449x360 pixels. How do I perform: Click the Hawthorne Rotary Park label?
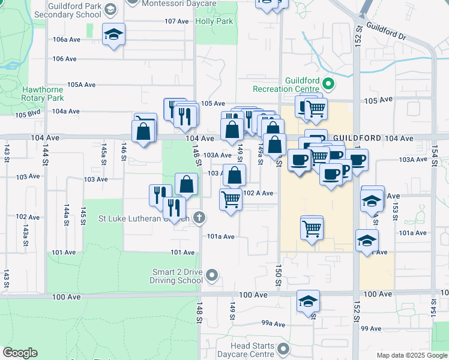click(43, 94)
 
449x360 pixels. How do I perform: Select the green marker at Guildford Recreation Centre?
click(328, 83)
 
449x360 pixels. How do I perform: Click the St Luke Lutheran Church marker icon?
click(200, 218)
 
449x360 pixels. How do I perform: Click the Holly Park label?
click(214, 21)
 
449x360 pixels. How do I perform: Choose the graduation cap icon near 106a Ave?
click(113, 34)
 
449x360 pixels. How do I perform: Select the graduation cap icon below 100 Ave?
click(308, 301)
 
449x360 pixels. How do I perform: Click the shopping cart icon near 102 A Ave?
click(231, 199)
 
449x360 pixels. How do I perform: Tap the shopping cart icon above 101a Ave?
click(312, 227)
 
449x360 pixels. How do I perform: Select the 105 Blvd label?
click(28, 115)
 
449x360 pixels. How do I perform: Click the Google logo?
click(20, 353)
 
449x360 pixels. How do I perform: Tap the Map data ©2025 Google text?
click(411, 355)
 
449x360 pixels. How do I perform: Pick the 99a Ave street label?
click(272, 323)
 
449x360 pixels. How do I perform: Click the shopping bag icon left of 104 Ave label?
click(144, 132)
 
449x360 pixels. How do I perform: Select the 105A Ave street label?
click(81, 85)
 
